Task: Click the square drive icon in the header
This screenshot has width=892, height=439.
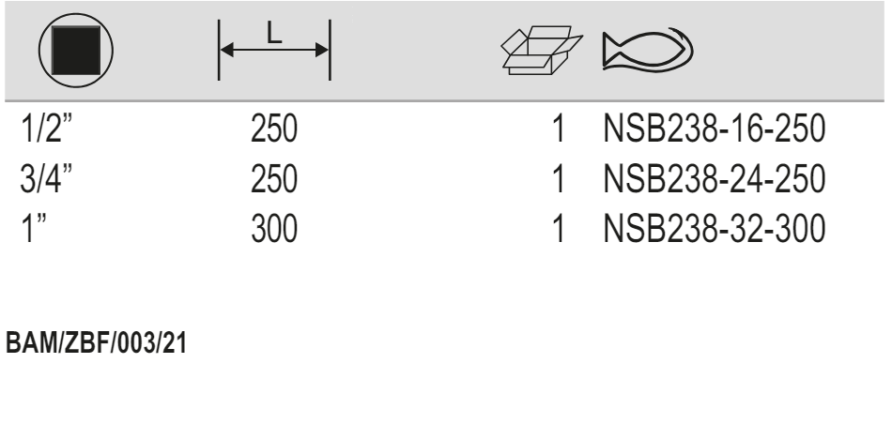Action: [76, 50]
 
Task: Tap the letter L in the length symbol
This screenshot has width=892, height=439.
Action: [273, 34]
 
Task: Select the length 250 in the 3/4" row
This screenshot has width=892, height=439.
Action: [273, 178]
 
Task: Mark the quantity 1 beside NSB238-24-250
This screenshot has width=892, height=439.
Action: [561, 178]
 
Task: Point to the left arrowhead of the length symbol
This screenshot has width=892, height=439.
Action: [228, 51]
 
